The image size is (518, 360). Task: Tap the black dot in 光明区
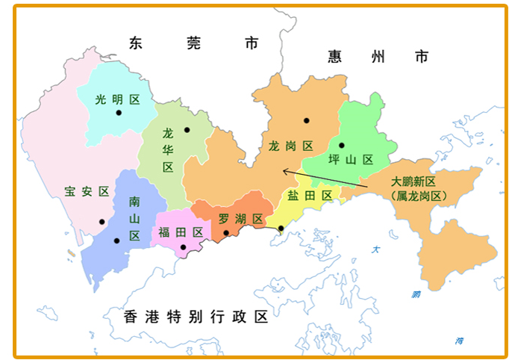coord(118,113)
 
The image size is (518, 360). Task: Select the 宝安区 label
coord(87,191)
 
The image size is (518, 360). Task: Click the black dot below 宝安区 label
coord(102,222)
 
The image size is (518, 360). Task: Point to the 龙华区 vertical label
coord(168,150)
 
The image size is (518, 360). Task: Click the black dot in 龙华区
coord(187,130)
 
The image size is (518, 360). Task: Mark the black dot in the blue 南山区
coord(116,240)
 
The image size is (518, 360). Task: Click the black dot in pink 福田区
coord(184,246)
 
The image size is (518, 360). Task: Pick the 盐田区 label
coord(310,196)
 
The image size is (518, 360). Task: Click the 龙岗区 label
coord(290,146)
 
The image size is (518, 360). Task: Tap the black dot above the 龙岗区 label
coord(306,120)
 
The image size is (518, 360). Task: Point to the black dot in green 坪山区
coord(341,146)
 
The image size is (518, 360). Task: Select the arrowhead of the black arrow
coord(284,170)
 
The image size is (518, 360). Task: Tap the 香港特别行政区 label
coord(196,317)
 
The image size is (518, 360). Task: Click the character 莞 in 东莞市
coord(194,43)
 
